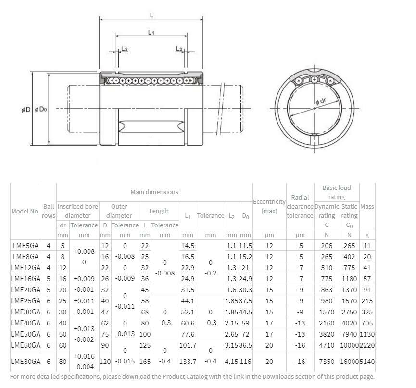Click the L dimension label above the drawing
(151, 15)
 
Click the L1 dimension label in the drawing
(151, 32)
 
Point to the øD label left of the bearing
(26, 110)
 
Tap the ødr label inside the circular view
(321, 101)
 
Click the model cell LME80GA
(25, 361)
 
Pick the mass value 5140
(367, 361)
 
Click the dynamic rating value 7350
(327, 361)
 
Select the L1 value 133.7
(188, 361)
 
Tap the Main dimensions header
(154, 192)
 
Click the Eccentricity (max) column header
(269, 206)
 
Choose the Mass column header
(367, 206)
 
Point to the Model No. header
(25, 211)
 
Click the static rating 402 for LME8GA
(350, 257)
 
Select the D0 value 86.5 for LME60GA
(245, 345)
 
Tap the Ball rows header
(49, 211)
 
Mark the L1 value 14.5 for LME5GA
(188, 246)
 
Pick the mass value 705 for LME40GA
(367, 323)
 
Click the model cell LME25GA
(25, 301)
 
